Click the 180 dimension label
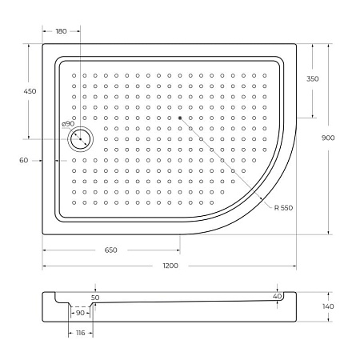[x=61, y=30]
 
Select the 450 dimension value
[x=30, y=91]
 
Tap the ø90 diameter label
[x=68, y=124]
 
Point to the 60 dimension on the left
[x=24, y=160]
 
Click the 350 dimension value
[x=312, y=78]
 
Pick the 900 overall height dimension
[x=329, y=138]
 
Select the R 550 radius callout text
[x=282, y=208]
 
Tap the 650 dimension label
[x=110, y=250]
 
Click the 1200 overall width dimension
[x=170, y=265]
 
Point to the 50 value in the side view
[x=96, y=298]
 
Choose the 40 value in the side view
[x=277, y=297]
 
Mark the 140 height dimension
[x=329, y=306]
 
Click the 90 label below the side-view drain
[x=80, y=313]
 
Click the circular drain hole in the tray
[x=81, y=140]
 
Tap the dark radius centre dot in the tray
[x=181, y=118]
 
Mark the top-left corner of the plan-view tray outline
[x=43, y=44]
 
